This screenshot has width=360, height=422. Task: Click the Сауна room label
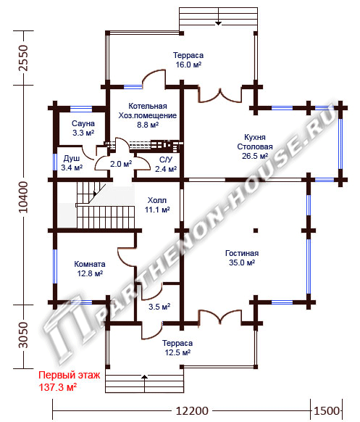pos(83,123)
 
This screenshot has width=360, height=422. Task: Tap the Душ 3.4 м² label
pos(72,163)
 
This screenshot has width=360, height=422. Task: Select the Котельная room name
pos(148,106)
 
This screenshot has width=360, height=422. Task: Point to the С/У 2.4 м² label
pos(166,164)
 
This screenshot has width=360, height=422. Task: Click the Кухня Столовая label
pos(255,142)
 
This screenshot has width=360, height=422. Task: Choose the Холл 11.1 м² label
pos(157,204)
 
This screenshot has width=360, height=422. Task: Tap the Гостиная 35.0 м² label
pos(242,258)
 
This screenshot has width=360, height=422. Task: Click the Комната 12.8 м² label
pos(90,268)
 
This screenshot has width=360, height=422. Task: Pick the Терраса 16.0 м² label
pos(188,59)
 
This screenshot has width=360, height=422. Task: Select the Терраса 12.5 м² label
pos(177,348)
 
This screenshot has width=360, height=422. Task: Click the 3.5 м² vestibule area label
pos(159,307)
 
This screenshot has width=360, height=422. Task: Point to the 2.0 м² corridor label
pos(121,164)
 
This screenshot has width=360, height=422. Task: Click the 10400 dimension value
pos(23,197)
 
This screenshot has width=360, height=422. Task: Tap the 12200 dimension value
pos(192,411)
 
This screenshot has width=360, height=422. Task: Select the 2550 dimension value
pos(23,58)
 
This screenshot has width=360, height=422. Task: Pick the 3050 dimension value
pos(23,335)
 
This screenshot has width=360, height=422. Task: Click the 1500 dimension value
pos(327,411)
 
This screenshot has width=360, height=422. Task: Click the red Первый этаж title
pos(70,375)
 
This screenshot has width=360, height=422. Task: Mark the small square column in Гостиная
pos(256,231)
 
